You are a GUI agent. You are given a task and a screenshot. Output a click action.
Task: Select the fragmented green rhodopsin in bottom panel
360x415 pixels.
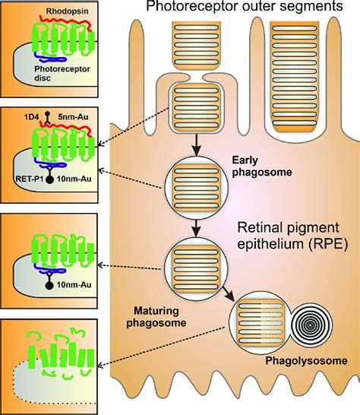[x=57, y=357]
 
